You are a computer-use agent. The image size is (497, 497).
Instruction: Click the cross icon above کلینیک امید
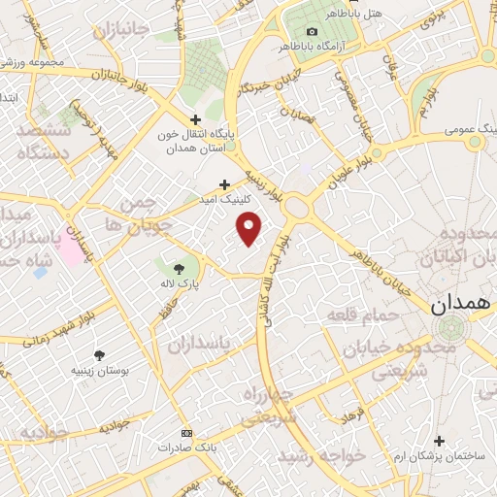coord(224,183)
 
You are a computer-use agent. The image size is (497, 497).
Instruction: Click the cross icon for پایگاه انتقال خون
coord(196,119)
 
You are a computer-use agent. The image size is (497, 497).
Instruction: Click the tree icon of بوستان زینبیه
coord(98,355)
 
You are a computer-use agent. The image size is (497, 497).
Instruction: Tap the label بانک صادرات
coord(186,447)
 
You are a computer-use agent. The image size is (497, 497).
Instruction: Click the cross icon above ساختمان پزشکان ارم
coord(439,441)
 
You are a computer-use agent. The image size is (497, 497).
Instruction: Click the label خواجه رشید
coord(321,454)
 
